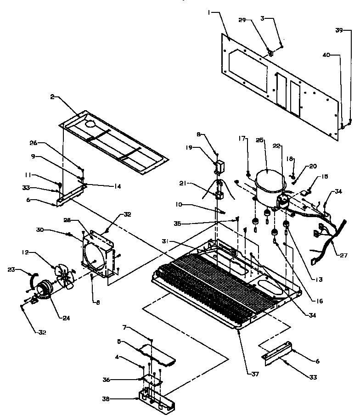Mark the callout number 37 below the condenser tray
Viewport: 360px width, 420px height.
click(x=255, y=374)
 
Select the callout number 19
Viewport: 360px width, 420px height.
click(x=189, y=148)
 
